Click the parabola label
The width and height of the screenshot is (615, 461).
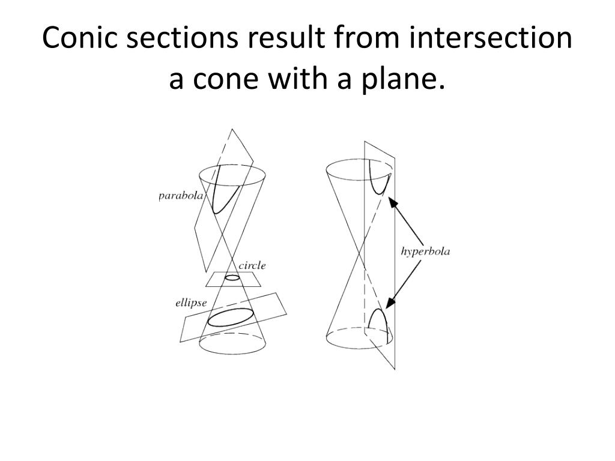[181, 196]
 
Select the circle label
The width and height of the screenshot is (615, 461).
[252, 265]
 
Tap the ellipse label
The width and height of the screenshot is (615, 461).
[191, 303]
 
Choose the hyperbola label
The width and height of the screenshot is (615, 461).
[425, 251]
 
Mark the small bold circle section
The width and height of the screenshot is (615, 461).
[232, 278]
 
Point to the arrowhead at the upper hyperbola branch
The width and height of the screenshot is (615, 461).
[392, 202]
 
